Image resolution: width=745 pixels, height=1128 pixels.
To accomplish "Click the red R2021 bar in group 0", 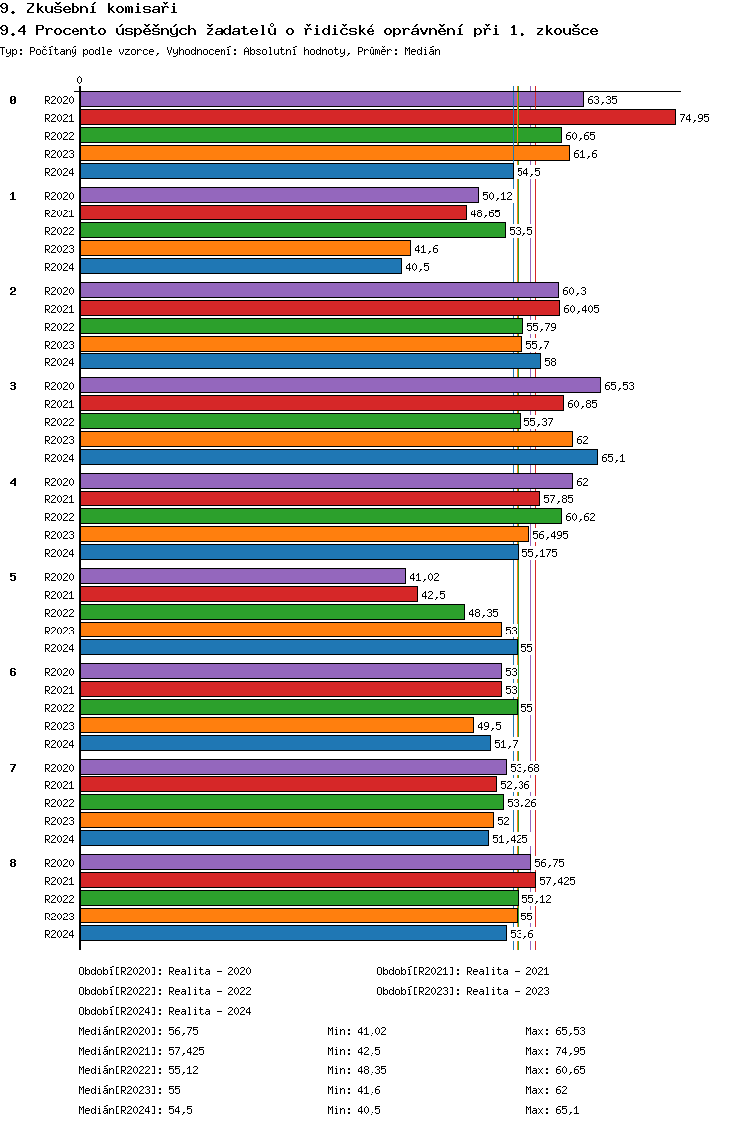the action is coord(377,118).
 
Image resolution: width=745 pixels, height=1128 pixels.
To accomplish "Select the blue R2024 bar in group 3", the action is coord(339,458).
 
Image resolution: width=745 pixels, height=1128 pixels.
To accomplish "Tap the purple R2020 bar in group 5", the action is coord(243,577).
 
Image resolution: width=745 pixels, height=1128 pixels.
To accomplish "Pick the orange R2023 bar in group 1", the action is coord(245,249).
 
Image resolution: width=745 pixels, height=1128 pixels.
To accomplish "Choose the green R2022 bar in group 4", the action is coord(321,517).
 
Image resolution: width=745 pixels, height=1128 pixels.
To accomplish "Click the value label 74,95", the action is coord(694,119).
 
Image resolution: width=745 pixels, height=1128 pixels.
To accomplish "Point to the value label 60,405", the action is coord(582,310).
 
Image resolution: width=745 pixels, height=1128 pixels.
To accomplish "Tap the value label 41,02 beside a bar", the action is coord(425,578).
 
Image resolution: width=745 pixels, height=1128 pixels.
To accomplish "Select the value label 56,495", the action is coord(550,536).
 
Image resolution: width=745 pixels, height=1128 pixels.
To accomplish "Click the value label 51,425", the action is coord(510,839).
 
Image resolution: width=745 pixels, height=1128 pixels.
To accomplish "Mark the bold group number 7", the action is coord(12,768).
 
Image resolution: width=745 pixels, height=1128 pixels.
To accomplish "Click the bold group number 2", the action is coord(12,291).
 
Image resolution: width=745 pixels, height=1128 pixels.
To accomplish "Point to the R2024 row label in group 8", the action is coord(59,934).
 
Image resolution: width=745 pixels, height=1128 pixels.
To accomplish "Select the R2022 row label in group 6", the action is coord(59,708).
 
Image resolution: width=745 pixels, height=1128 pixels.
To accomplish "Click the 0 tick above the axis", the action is coord(79,80).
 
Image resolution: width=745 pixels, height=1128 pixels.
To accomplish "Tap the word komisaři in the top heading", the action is coord(142,9).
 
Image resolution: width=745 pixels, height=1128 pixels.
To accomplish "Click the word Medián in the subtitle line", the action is coord(422,51).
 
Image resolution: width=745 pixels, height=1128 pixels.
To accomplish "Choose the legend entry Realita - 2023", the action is coord(508,991).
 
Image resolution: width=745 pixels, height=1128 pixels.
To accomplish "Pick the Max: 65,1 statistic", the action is coord(552,1110).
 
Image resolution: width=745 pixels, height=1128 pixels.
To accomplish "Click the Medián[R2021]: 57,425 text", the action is coord(141,1051).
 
